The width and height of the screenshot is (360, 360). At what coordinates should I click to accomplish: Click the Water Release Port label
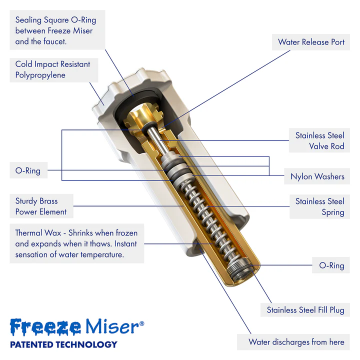(311, 42)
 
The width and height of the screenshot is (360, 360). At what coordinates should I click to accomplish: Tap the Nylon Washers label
(317, 176)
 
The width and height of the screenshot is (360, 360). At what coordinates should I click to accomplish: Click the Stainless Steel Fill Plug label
(305, 310)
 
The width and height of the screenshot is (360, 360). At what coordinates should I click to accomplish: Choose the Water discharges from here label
(296, 342)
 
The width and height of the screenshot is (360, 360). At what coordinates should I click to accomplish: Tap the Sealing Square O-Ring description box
(55, 30)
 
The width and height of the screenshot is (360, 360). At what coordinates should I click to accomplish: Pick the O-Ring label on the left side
(28, 170)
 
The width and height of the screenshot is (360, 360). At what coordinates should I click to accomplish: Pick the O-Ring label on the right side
(331, 265)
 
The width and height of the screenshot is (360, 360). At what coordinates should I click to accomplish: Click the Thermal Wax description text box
(76, 244)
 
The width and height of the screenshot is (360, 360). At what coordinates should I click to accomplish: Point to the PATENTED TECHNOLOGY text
(63, 344)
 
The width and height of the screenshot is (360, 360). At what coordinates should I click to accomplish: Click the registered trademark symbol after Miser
(141, 323)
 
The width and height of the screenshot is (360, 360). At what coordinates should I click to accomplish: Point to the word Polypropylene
(40, 75)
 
